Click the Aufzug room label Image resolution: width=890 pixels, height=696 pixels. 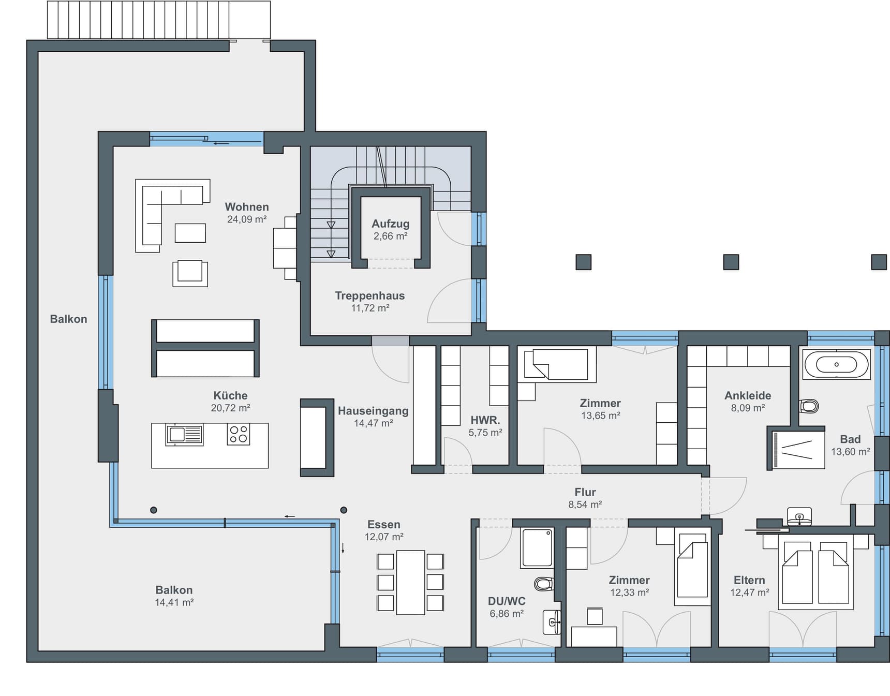(x=391, y=224)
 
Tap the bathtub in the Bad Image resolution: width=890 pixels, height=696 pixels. (x=836, y=364)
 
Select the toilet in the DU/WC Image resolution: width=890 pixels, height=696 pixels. (x=544, y=584)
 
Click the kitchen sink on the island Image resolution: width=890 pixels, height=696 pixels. (x=184, y=434)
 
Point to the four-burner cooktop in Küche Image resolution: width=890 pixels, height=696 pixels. (x=239, y=435)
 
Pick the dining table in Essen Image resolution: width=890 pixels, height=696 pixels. (x=410, y=583)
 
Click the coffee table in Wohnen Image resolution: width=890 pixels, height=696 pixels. (x=190, y=233)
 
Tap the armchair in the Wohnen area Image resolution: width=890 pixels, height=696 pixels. (x=190, y=273)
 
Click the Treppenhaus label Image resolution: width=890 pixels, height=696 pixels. (x=370, y=295)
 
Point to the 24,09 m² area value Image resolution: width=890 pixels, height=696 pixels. (x=247, y=219)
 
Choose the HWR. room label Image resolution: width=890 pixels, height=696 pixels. (x=485, y=420)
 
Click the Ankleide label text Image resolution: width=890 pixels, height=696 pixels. (x=748, y=395)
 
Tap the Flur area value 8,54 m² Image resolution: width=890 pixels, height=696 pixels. (x=585, y=505)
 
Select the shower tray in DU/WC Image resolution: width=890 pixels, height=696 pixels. (x=537, y=547)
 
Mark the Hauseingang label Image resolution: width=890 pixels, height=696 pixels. (x=373, y=411)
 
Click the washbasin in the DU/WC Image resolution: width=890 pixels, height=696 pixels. (x=552, y=622)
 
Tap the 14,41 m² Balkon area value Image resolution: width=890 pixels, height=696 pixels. (x=174, y=602)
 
